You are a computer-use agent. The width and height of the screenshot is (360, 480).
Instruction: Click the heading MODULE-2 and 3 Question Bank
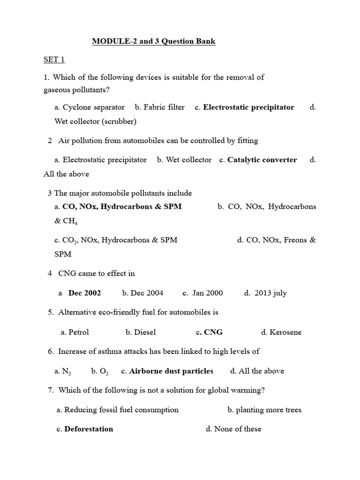(x=154, y=41)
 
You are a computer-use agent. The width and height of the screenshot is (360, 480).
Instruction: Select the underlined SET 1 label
(x=54, y=60)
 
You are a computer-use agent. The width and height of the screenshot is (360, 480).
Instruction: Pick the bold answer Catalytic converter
(x=262, y=160)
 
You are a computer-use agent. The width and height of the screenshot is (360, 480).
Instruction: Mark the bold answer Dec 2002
(x=84, y=293)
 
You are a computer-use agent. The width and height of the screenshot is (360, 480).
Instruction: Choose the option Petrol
(x=78, y=332)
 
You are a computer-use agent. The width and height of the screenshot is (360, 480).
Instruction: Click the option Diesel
(x=145, y=332)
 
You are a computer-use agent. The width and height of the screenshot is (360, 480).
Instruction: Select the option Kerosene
(x=285, y=332)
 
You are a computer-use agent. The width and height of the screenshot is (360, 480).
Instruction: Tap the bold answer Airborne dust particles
(x=171, y=371)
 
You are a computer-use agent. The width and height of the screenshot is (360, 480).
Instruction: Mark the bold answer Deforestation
(x=89, y=429)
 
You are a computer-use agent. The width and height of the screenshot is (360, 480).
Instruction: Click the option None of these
(x=238, y=429)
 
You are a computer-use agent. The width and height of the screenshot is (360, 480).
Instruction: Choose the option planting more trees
(x=269, y=410)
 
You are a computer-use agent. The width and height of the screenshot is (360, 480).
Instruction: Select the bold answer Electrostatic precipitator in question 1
(x=248, y=107)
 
